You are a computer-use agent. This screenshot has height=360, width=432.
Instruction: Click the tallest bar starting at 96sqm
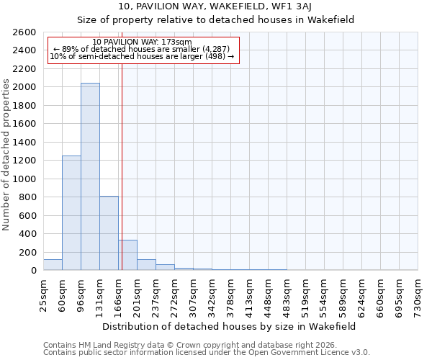(90, 176)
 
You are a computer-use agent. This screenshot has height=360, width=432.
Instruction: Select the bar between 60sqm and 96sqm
(71, 212)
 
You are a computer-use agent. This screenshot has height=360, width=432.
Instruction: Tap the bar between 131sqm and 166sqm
(109, 233)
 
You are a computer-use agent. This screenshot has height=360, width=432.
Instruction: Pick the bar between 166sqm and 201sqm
(127, 255)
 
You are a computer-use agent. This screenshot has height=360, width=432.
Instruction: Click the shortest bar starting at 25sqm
(53, 265)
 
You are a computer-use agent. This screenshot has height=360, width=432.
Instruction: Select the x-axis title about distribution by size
(229, 326)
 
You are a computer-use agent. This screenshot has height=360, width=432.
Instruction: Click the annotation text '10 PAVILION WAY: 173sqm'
(143, 42)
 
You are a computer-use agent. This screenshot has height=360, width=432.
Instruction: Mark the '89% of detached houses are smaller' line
(143, 50)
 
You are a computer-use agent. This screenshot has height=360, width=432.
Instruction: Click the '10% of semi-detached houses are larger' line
(143, 57)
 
